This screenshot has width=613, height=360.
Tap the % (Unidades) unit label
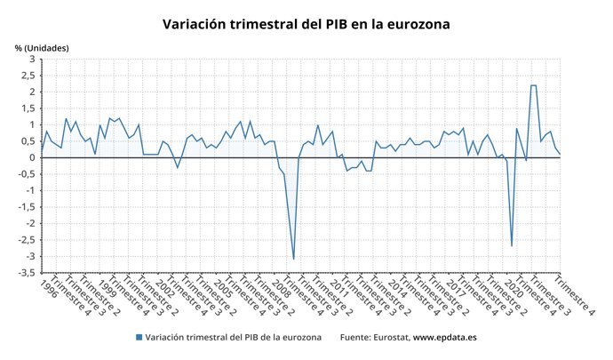click(x=42, y=48)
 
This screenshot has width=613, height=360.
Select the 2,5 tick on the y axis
click(x=28, y=76)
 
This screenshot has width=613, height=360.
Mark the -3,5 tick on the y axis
click(x=27, y=273)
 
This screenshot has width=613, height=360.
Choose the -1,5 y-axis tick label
click(x=27, y=207)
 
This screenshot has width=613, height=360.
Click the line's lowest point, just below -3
click(x=294, y=259)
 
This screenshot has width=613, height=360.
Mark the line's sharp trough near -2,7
click(x=512, y=246)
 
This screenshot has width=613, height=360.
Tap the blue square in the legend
click(x=139, y=338)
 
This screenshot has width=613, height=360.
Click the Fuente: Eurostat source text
click(x=373, y=338)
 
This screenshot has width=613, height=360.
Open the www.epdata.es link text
click(x=445, y=338)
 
